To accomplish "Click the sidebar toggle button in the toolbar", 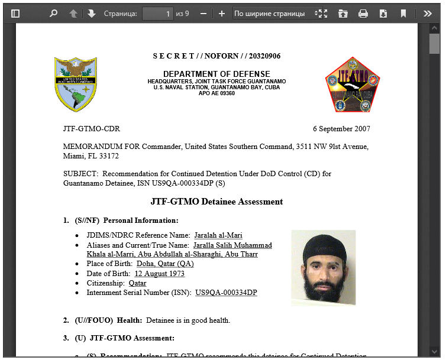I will pos(15,13).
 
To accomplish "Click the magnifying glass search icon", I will pos(53,13).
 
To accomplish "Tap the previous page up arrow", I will pos(73,13).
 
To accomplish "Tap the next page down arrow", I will pos(92,13).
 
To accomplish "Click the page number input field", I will pos(157,13).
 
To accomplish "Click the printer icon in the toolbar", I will pos(363,13).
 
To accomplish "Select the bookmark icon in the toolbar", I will pos(403,13).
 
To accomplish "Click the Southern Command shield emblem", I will pos(76,83).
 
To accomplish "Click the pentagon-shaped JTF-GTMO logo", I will pos(353,85).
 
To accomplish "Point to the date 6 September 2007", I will pos(341,128).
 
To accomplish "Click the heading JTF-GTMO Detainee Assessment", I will pos(216,202).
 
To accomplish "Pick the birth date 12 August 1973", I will pos(159,274).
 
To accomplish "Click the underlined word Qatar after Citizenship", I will pos(138,283).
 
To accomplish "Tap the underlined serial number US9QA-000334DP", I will pos(226,293).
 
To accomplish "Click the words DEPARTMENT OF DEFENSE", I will pos(216,74).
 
